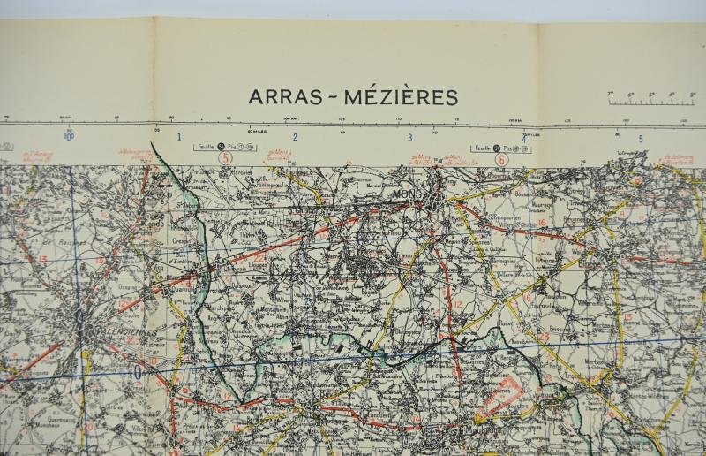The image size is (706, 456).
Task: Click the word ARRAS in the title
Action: (x=279, y=96)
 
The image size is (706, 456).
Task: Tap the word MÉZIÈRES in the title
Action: (x=402, y=96)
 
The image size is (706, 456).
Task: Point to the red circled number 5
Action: (x=225, y=159)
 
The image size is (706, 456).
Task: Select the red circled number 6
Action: (x=501, y=160)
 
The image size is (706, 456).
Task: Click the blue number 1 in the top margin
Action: (x=179, y=137)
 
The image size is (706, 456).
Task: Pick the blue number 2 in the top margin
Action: (x=295, y=137)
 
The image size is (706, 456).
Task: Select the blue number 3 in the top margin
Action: (x=409, y=137)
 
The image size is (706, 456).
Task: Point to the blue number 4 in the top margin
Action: (x=524, y=138)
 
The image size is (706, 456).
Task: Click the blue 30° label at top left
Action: (x=68, y=136)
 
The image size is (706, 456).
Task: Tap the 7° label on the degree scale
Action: (x=610, y=93)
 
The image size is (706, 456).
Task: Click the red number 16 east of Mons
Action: (x=542, y=223)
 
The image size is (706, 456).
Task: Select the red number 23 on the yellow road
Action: (x=545, y=337)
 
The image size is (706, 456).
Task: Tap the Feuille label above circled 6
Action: (x=481, y=148)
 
